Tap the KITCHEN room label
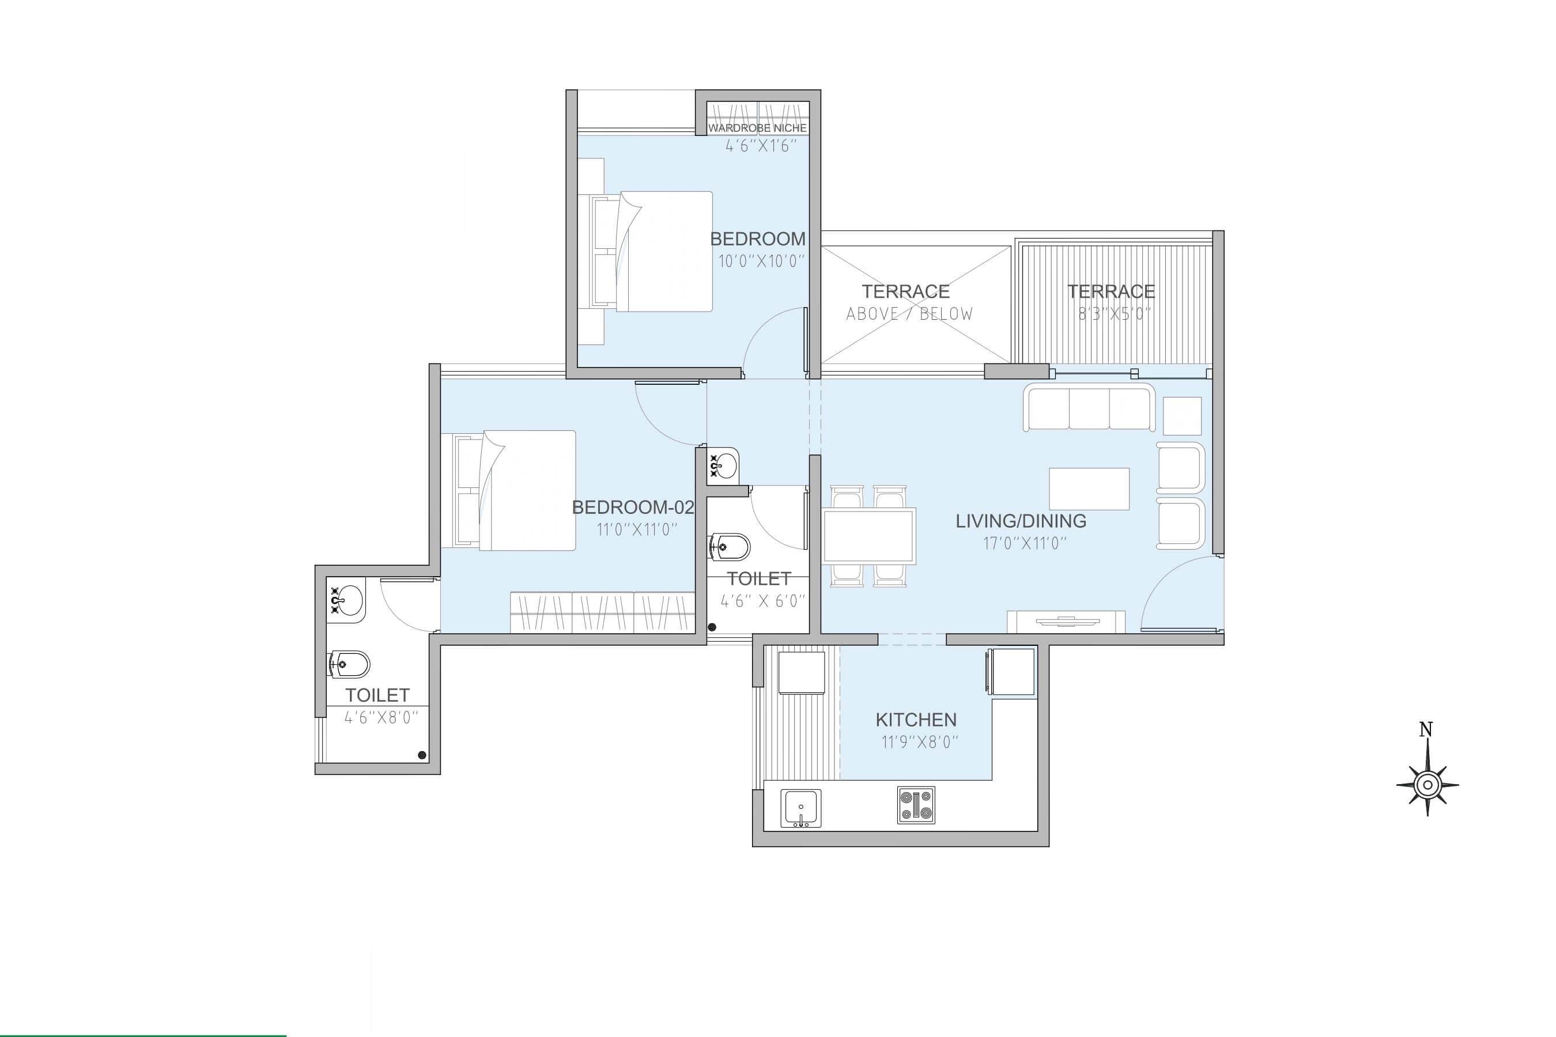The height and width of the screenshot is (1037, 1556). click(916, 720)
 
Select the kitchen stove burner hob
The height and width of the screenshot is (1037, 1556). click(916, 805)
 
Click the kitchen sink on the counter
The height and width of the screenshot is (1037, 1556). click(800, 808)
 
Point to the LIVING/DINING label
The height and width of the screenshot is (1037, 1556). click(1021, 521)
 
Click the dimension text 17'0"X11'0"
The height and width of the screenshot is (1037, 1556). click(1024, 544)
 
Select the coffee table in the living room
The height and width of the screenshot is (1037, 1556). click(1089, 489)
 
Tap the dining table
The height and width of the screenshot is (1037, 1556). click(868, 536)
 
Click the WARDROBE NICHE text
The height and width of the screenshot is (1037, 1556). click(757, 128)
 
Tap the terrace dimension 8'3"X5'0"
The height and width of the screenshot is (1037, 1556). click(1114, 313)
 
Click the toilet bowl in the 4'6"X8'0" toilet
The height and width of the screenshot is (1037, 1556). click(349, 665)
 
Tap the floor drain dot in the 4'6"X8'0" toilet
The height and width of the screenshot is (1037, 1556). click(422, 755)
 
